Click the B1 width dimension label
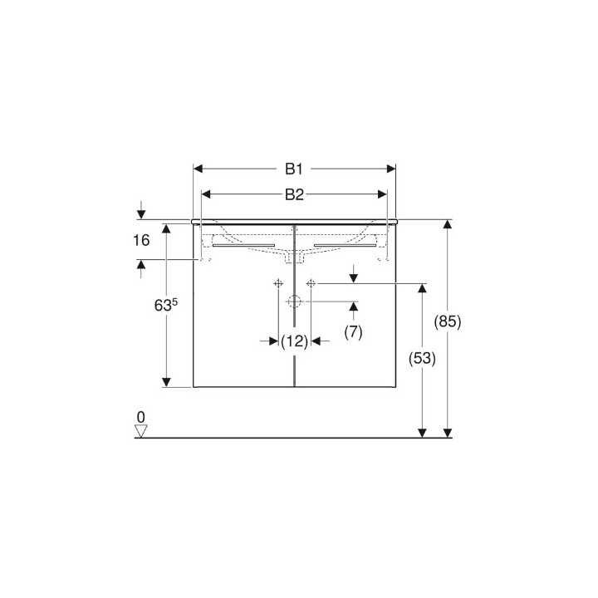pos(293,169)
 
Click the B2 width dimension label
pos(293,194)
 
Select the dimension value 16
pos(140,241)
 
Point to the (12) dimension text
pos(294,341)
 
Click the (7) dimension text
pos(354,332)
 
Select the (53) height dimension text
pos(423,358)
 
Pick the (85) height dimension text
pos(448,321)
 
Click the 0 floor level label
pos(140,416)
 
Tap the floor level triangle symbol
pos(140,431)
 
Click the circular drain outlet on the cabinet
pos(294,301)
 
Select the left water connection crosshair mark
pos(277,283)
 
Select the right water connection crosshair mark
pos(311,283)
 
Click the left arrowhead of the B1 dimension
pos(199,169)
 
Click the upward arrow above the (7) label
pos(354,307)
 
